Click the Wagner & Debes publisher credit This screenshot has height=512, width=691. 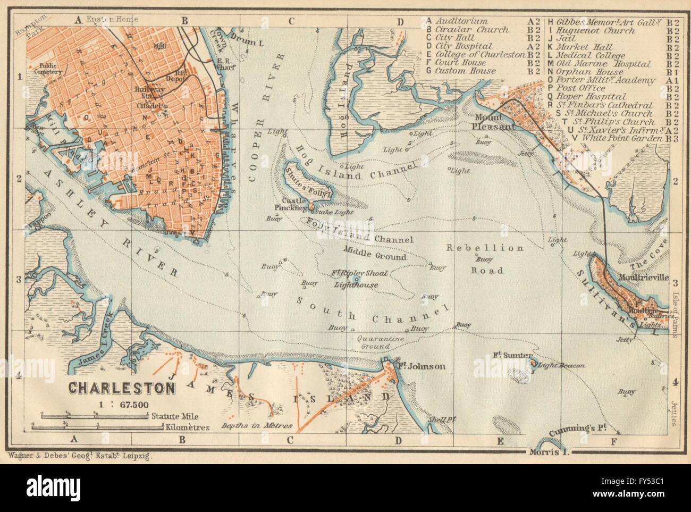tap(80, 455)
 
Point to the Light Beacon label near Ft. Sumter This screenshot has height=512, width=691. tap(562, 366)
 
